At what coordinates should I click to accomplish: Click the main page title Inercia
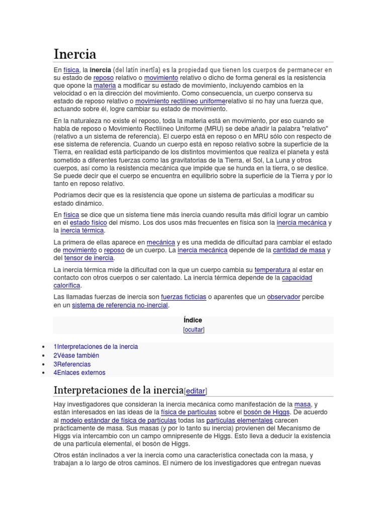pos(75,54)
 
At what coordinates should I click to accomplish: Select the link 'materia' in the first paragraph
pos(105,86)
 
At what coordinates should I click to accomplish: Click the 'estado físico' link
pos(88,222)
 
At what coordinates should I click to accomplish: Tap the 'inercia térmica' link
pos(82,230)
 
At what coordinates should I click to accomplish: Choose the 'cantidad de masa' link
pos(300,250)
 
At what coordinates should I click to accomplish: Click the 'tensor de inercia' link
pos(89,258)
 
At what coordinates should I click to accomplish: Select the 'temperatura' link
pos(272,270)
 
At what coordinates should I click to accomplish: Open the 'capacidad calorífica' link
pos(297,278)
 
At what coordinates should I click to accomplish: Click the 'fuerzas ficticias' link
pos(183,297)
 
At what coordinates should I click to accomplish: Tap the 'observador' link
pos(283,297)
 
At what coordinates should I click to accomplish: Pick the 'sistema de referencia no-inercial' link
pos(120,305)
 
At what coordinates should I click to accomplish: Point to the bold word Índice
pos(194,320)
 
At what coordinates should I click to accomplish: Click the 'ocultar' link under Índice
pos(194,330)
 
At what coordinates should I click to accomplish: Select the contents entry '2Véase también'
pos(76,355)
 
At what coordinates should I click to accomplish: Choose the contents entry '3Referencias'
pos(72,364)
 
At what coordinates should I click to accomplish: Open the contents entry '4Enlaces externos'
pos(79,372)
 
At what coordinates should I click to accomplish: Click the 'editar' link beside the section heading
pos(196,391)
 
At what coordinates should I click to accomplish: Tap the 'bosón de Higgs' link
pos(266,412)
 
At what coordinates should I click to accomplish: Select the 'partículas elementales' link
pos(239,420)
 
